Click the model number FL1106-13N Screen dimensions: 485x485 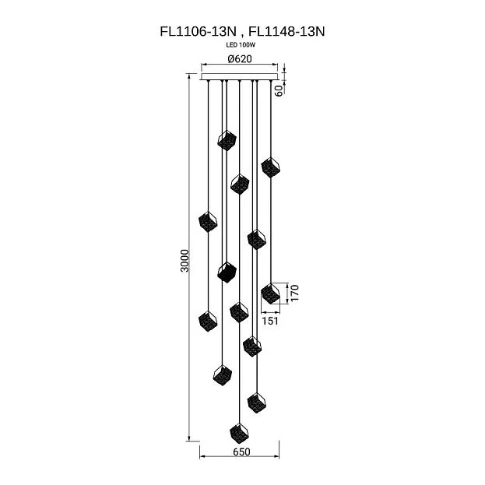[x=198, y=32]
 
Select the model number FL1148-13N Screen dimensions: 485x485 [x=286, y=32]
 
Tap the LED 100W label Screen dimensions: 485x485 [x=241, y=45]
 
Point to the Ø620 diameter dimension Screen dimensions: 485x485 [x=240, y=58]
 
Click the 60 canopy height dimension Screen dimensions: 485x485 [x=279, y=90]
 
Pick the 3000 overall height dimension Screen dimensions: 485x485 [x=185, y=261]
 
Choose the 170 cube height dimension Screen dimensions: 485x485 [x=295, y=293]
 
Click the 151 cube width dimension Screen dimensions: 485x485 [x=270, y=321]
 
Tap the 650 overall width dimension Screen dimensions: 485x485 [x=241, y=452]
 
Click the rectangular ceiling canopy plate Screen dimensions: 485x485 [x=240, y=76]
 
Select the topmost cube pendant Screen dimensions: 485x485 [x=227, y=140]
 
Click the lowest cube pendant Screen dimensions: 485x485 [x=240, y=433]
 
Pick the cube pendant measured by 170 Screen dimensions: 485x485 [x=271, y=293]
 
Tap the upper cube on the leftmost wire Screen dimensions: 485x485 [x=208, y=222]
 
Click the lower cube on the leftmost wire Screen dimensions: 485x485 [x=208, y=321]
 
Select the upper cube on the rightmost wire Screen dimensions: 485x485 [x=271, y=167]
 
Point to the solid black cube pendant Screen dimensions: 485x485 [x=227, y=272]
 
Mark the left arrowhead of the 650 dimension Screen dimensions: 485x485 [x=202, y=456]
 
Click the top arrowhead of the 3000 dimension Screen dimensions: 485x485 [x=189, y=76]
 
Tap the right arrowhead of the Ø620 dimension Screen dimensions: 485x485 [x=276, y=65]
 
